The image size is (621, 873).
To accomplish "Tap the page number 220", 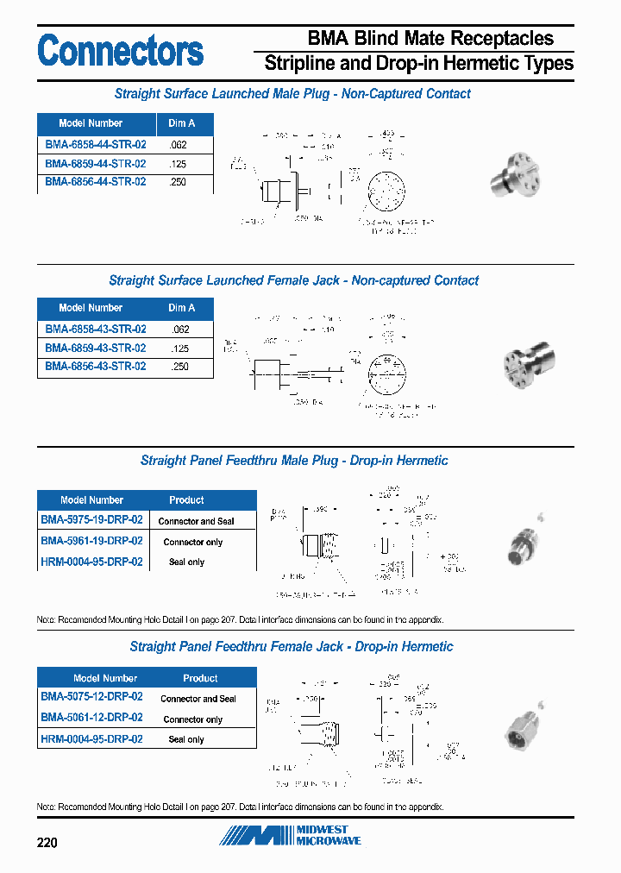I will (x=47, y=842).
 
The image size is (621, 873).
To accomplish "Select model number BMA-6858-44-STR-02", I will (x=95, y=145).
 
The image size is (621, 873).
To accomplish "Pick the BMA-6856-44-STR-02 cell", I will (x=95, y=182).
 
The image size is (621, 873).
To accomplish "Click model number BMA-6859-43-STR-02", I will (x=95, y=348).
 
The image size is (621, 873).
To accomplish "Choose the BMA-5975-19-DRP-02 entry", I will (x=91, y=520).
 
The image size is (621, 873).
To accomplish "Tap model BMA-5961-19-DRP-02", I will (x=91, y=541).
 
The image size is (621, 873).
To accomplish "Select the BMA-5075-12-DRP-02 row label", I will (x=91, y=697).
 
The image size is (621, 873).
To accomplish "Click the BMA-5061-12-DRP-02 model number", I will (x=91, y=718).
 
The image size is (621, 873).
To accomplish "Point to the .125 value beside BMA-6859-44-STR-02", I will (x=179, y=164).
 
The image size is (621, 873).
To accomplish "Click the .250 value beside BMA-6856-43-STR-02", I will (x=179, y=367).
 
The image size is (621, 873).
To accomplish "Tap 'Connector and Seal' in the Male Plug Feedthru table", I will (x=196, y=521).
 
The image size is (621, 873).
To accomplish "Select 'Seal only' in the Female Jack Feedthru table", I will (x=186, y=739).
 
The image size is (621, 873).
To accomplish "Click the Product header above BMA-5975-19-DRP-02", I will (x=186, y=500).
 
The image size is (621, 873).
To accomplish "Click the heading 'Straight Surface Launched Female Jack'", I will (x=293, y=280).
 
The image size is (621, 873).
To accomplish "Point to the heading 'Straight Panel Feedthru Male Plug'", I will (x=294, y=461).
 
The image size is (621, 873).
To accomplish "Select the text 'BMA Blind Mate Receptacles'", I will (x=430, y=38).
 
